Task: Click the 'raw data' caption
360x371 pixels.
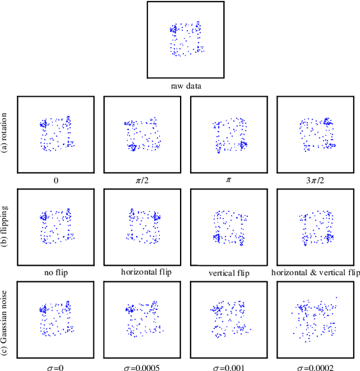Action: point(186,87)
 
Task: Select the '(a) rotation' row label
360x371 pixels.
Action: point(6,134)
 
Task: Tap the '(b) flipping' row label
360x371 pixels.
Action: point(6,227)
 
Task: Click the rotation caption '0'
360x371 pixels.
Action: point(56,181)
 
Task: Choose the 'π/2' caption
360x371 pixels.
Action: point(142,181)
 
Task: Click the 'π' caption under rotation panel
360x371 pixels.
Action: point(228,181)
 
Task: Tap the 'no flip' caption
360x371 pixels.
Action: point(56,273)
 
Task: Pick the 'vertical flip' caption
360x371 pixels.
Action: point(228,273)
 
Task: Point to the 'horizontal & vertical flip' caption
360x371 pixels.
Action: point(315,273)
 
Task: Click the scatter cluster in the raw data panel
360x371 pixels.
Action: point(186,39)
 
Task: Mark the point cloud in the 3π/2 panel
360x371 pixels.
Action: point(316,134)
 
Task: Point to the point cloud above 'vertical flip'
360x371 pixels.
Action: point(229,228)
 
